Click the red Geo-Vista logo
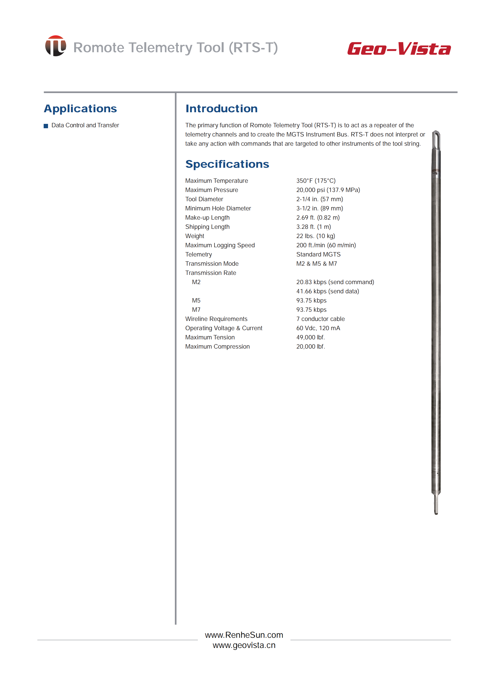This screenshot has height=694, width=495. pos(399,49)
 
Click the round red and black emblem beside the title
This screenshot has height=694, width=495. pos(56,46)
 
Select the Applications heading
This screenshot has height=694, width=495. pos(80,109)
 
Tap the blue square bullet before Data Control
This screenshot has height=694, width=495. pos(46,126)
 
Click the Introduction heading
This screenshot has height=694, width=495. pos(221,109)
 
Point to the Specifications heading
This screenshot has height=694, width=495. pos(227,164)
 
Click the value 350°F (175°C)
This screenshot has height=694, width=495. pos(316,181)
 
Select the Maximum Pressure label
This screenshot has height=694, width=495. pos(211,190)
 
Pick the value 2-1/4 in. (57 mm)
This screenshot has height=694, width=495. pos(319,199)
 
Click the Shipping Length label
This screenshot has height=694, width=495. pos(207,227)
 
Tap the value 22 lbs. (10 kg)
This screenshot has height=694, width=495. pos(316,236)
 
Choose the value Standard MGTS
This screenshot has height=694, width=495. pos(318,254)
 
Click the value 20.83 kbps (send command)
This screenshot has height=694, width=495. pos(335,282)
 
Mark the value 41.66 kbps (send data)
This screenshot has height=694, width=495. pos(327,291)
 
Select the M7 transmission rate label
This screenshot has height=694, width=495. pos(196,310)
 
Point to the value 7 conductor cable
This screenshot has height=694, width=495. pos(320,319)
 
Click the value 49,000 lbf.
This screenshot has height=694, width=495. pos(310,337)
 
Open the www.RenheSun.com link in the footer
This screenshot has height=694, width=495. pos(244,635)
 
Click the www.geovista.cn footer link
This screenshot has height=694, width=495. pos(244,645)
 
